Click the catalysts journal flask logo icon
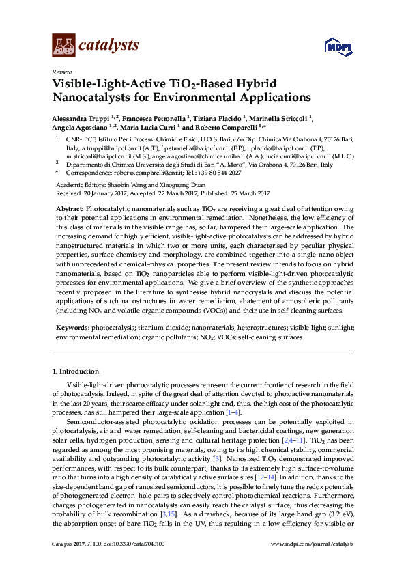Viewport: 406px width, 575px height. (63, 45)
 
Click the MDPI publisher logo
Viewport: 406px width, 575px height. (338, 46)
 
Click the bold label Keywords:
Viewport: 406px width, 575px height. (72, 328)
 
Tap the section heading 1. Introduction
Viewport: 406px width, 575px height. (76, 371)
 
